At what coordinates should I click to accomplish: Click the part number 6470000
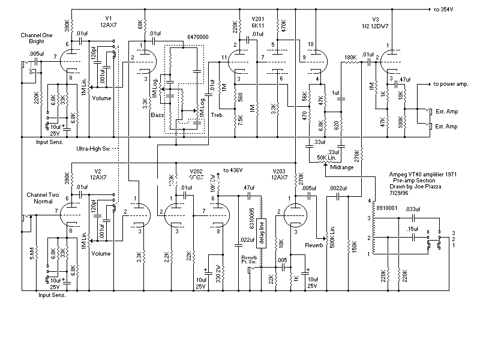click(197, 37)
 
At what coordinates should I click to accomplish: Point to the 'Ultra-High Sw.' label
click(94, 148)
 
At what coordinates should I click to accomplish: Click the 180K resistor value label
click(350, 58)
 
